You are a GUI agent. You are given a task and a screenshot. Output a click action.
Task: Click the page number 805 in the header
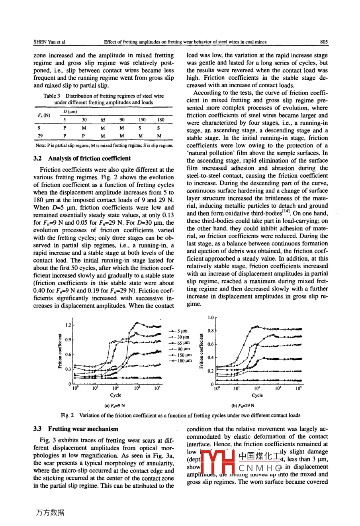pos(323,41)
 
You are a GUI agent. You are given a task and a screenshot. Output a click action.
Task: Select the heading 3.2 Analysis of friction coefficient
pos(82,158)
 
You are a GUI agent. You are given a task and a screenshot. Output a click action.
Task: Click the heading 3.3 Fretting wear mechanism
pos(76,429)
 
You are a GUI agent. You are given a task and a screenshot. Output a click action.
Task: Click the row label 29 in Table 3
pos(40,136)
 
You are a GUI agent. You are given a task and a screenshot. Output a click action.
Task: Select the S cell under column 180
pos(158,128)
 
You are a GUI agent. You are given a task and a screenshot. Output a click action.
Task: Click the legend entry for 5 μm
pos(180,331)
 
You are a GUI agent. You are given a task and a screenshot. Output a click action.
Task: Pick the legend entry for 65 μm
pos(180,343)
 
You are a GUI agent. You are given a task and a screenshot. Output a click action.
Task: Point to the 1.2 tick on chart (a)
pos(68,325)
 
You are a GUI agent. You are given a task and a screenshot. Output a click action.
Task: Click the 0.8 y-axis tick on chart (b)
pos(210,331)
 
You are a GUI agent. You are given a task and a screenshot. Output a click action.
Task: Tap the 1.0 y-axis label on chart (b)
pos(211,318)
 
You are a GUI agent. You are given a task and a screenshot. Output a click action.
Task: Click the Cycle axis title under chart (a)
pos(115,395)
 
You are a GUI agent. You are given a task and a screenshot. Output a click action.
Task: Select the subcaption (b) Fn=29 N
pos(243,406)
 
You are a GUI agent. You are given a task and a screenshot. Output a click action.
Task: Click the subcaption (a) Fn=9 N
pos(114,406)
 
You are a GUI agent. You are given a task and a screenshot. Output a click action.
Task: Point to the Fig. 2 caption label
pos(67,415)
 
